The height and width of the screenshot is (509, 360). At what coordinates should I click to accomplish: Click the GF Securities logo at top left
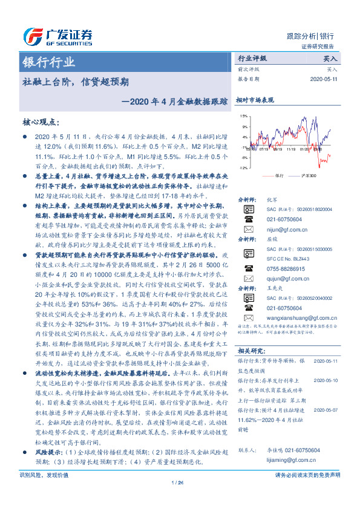(57, 34)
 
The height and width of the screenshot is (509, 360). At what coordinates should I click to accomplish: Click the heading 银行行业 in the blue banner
(49, 62)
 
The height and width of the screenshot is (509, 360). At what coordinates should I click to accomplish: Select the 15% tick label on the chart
(243, 116)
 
